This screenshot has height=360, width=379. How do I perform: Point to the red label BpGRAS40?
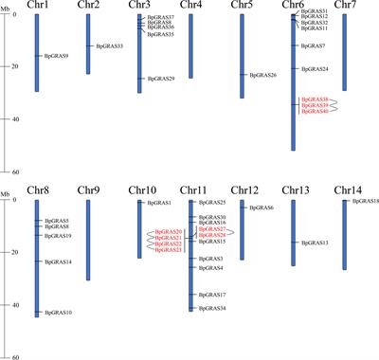(315, 112)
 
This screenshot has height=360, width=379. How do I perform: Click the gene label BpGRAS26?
(262, 75)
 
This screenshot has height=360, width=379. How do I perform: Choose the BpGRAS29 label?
(161, 79)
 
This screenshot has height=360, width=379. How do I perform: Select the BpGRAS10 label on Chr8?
(58, 312)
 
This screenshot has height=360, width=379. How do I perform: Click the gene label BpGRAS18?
(365, 202)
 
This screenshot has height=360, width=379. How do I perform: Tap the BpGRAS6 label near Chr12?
(262, 207)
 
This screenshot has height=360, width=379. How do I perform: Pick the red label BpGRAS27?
(211, 229)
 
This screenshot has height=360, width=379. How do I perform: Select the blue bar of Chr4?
(190, 46)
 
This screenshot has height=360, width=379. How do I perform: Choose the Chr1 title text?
(37, 6)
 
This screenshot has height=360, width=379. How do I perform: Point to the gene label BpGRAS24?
(316, 69)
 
